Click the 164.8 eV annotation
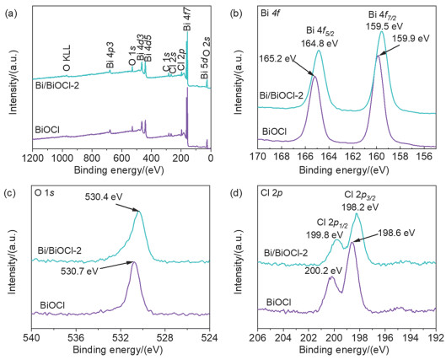pos(318,40)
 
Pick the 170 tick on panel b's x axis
pos(255,158)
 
